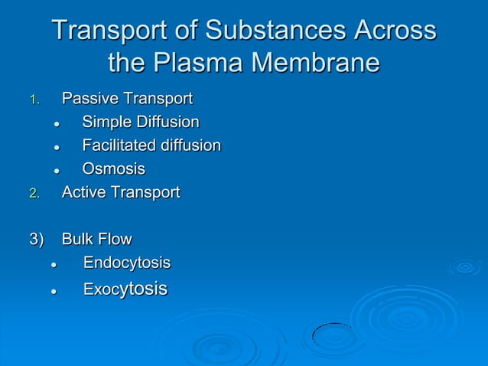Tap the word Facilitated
[x=119, y=145]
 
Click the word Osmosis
[x=113, y=168]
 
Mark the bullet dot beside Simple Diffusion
[x=56, y=123]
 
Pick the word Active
[x=84, y=192]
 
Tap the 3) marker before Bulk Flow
[x=37, y=240]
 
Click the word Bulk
[x=76, y=240]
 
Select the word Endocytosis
[x=126, y=263]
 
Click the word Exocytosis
[x=125, y=289]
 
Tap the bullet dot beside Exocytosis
[x=54, y=291]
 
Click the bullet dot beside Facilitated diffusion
[x=56, y=146]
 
